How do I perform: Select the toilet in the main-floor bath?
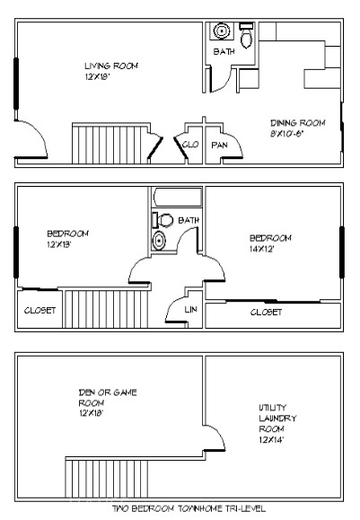pyautogui.click(x=246, y=36)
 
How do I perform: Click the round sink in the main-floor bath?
pyautogui.click(x=222, y=31)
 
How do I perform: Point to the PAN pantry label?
pyautogui.click(x=219, y=145)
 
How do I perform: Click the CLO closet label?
pyautogui.click(x=190, y=145)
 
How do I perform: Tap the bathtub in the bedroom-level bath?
pyautogui.click(x=178, y=198)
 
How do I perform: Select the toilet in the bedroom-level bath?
pyautogui.click(x=162, y=220)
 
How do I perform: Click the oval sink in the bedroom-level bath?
pyautogui.click(x=159, y=240)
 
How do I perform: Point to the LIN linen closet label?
pyautogui.click(x=190, y=310)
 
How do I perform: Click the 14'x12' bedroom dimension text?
pyautogui.click(x=261, y=249)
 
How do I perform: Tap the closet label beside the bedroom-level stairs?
pyautogui.click(x=40, y=311)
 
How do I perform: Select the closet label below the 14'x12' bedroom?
pyautogui.click(x=266, y=312)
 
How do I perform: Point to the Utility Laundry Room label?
pyautogui.click(x=277, y=419)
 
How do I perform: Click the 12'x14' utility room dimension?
pyautogui.click(x=271, y=440)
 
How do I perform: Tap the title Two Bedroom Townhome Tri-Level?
pyautogui.click(x=189, y=508)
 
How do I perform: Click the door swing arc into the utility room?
pyautogui.click(x=219, y=432)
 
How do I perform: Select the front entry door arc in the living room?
pyautogui.click(x=40, y=130)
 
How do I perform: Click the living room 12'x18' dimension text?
pyautogui.click(x=98, y=77)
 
